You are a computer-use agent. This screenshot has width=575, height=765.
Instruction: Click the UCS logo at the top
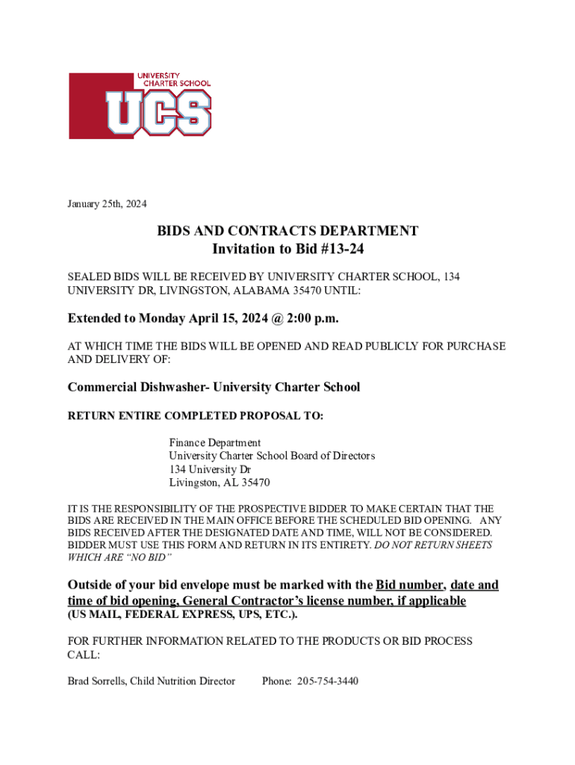140,105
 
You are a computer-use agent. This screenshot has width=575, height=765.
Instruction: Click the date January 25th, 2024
107,204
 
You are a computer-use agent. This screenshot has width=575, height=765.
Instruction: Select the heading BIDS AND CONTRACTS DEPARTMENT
287,231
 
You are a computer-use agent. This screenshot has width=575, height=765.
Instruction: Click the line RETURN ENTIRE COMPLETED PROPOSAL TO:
196,415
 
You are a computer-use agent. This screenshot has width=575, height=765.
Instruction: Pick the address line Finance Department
214,442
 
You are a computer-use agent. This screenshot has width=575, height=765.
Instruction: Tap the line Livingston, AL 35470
219,483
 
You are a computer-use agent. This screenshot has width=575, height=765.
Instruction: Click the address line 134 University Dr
209,469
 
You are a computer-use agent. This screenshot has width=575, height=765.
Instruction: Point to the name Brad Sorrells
96,681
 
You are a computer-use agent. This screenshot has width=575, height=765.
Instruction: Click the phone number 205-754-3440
328,681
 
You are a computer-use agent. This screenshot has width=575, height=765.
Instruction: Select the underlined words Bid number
410,584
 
